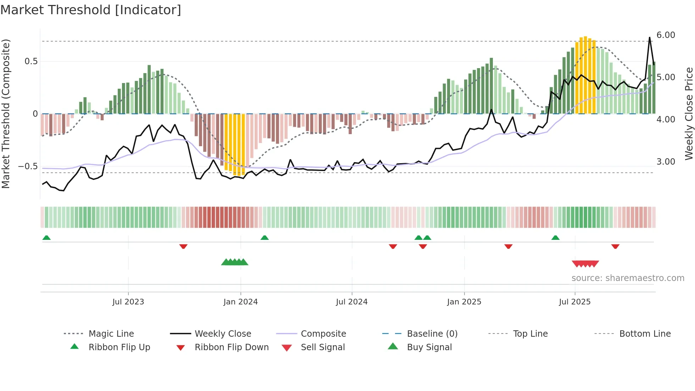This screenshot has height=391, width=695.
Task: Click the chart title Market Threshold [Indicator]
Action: pyautogui.click(x=91, y=10)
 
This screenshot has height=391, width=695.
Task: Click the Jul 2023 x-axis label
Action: pyautogui.click(x=128, y=302)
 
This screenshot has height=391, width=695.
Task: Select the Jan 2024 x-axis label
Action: pyautogui.click(x=240, y=302)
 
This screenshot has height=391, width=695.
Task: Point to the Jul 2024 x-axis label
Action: pyautogui.click(x=351, y=302)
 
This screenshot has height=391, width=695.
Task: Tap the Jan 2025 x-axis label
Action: pyautogui.click(x=464, y=302)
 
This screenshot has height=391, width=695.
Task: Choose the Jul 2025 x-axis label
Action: pyautogui.click(x=574, y=302)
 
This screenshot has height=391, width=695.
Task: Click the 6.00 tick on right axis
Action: pyautogui.click(x=666, y=35)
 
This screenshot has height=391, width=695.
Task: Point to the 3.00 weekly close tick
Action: pyautogui.click(x=666, y=162)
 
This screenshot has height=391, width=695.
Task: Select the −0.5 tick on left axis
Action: pyautogui.click(x=28, y=166)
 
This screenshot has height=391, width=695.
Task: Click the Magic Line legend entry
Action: pyautogui.click(x=111, y=334)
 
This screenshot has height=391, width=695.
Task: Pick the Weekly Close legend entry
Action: pyautogui.click(x=223, y=334)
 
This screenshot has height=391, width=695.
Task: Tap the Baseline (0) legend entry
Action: pyautogui.click(x=432, y=334)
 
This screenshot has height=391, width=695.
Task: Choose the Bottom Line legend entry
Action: pyautogui.click(x=645, y=334)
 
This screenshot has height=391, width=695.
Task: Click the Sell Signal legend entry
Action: pyautogui.click(x=322, y=347)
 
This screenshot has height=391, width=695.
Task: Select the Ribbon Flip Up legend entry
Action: pyautogui.click(x=119, y=347)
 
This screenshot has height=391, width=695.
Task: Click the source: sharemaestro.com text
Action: pyautogui.click(x=628, y=278)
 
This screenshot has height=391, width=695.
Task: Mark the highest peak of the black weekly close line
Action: pyautogui.click(x=650, y=37)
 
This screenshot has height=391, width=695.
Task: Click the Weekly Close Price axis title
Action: pyautogui.click(x=689, y=114)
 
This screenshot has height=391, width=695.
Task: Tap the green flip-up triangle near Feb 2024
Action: pyautogui.click(x=265, y=238)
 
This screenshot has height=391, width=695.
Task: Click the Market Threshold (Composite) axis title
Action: pyautogui.click(x=6, y=114)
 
